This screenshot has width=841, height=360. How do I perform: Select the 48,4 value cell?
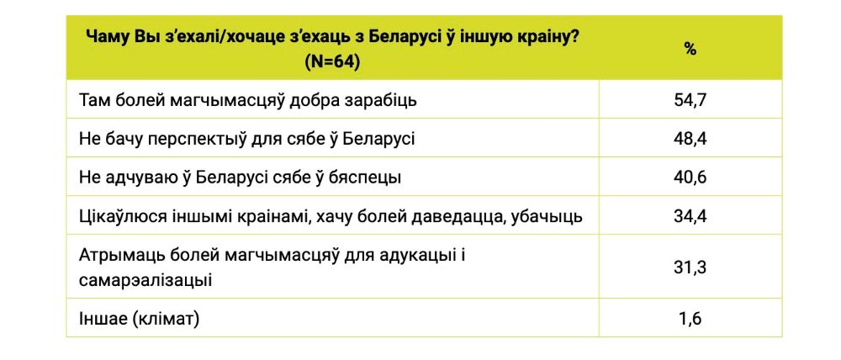[x=690, y=139]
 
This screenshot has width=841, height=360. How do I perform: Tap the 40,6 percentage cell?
[x=690, y=177]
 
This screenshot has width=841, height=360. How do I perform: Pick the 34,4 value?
[x=690, y=217]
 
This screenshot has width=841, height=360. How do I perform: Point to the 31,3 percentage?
[x=690, y=267]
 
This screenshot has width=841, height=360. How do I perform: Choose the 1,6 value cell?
[x=690, y=319]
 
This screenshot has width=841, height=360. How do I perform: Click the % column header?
[x=690, y=49]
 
